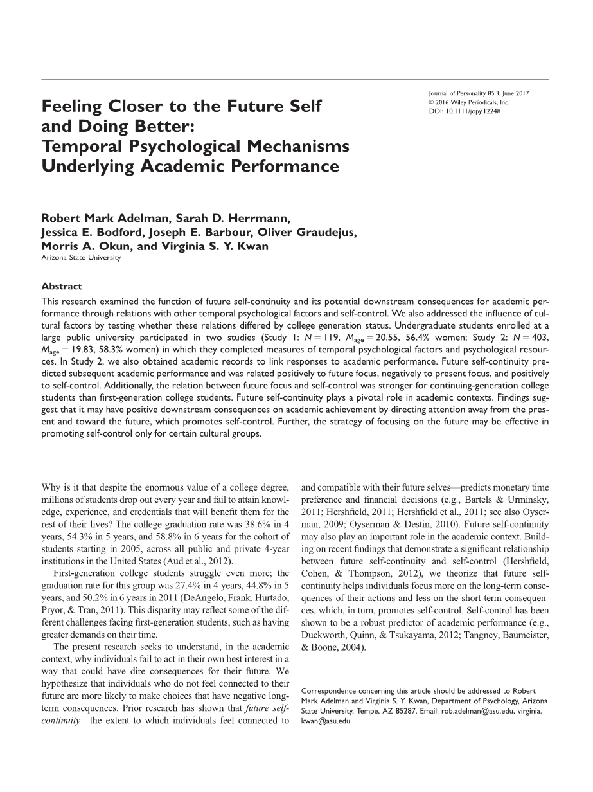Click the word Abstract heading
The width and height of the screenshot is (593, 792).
click(62, 287)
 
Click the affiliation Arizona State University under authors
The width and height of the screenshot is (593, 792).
click(80, 258)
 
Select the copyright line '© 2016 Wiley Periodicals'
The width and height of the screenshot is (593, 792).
click(468, 102)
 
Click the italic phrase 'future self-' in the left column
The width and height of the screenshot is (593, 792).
click(267, 708)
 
